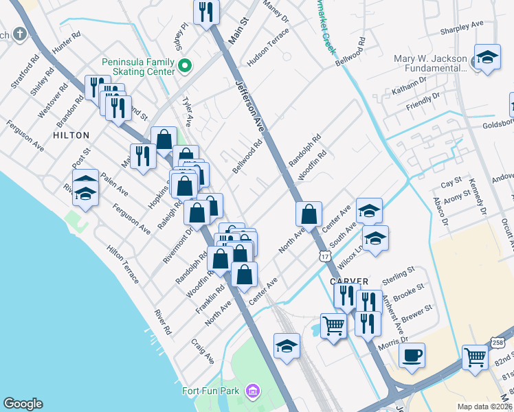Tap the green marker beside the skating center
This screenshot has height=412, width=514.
point(184,67)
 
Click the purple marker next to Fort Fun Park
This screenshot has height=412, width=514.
point(253,391)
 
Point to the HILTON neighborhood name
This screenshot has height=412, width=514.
point(71,135)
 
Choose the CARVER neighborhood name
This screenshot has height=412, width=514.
point(349,282)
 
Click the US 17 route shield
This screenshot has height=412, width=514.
point(326,255)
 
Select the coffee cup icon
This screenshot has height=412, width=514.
point(412,356)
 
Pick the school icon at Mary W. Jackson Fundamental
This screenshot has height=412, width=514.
point(487,58)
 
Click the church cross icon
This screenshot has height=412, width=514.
point(21,34)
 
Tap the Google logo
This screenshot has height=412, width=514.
point(23,404)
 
